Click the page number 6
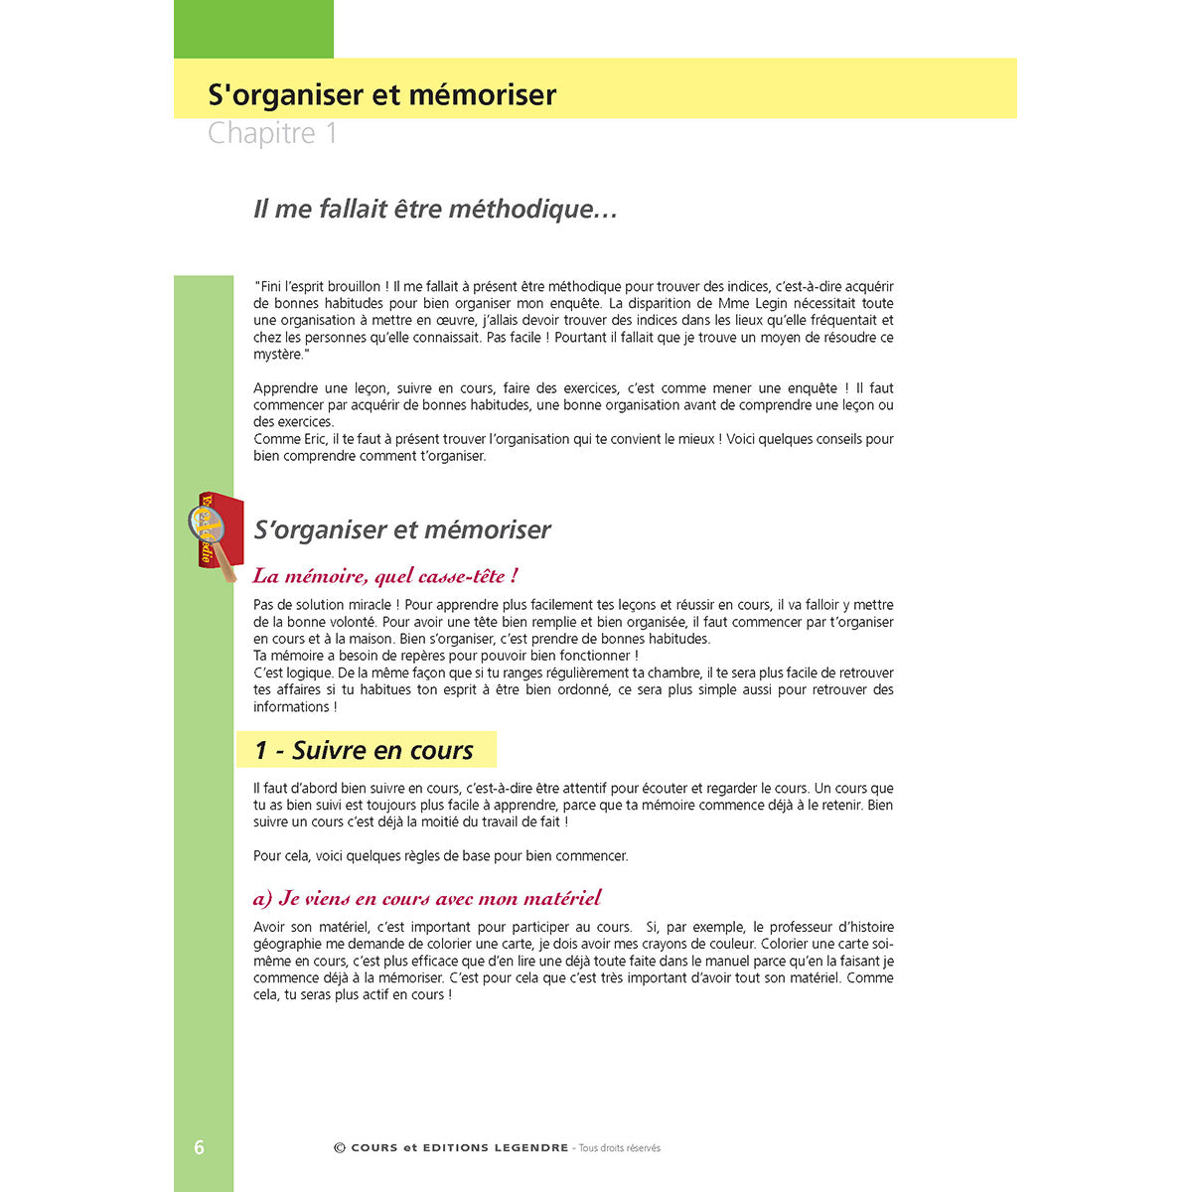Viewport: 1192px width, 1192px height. point(199,1147)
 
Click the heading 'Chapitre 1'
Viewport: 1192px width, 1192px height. point(272,133)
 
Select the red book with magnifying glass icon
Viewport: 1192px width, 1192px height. point(217,534)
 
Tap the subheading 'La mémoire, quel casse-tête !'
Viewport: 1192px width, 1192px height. point(385,576)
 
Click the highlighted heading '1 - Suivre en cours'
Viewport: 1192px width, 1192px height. point(365,750)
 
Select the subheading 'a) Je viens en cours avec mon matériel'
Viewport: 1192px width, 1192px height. point(427,898)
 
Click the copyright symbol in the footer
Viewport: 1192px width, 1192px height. point(340,1148)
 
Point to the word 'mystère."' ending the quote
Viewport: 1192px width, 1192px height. point(281,355)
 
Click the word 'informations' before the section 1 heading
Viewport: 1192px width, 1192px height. point(291,707)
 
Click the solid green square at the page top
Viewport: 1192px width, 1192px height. point(253,29)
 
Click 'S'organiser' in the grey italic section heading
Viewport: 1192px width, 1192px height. point(310,529)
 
